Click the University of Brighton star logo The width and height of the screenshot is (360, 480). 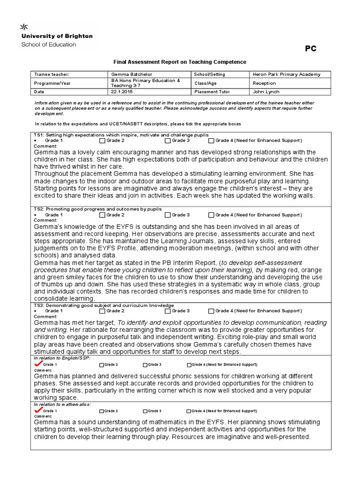(x=22, y=26)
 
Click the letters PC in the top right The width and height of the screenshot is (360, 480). (x=311, y=48)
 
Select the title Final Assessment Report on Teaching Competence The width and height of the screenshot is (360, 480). (x=180, y=62)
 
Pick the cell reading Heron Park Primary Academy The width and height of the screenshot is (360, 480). (x=286, y=74)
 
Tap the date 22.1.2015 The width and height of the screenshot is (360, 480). (x=121, y=92)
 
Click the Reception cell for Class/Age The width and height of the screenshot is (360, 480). (x=264, y=83)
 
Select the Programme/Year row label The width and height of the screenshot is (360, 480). (x=51, y=83)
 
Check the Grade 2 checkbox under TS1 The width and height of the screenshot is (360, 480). (x=102, y=140)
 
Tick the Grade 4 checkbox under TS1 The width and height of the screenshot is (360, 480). (x=211, y=140)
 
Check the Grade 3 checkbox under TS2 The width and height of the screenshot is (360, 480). (x=168, y=215)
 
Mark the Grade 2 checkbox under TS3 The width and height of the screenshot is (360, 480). (x=102, y=310)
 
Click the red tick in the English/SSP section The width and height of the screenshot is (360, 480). (x=37, y=364)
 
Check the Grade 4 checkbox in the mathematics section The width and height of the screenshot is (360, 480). (x=189, y=411)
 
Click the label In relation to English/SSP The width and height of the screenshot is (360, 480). (x=62, y=358)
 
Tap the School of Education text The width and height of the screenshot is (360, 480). (x=48, y=45)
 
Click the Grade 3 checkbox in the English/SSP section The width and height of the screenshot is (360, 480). (x=145, y=365)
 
